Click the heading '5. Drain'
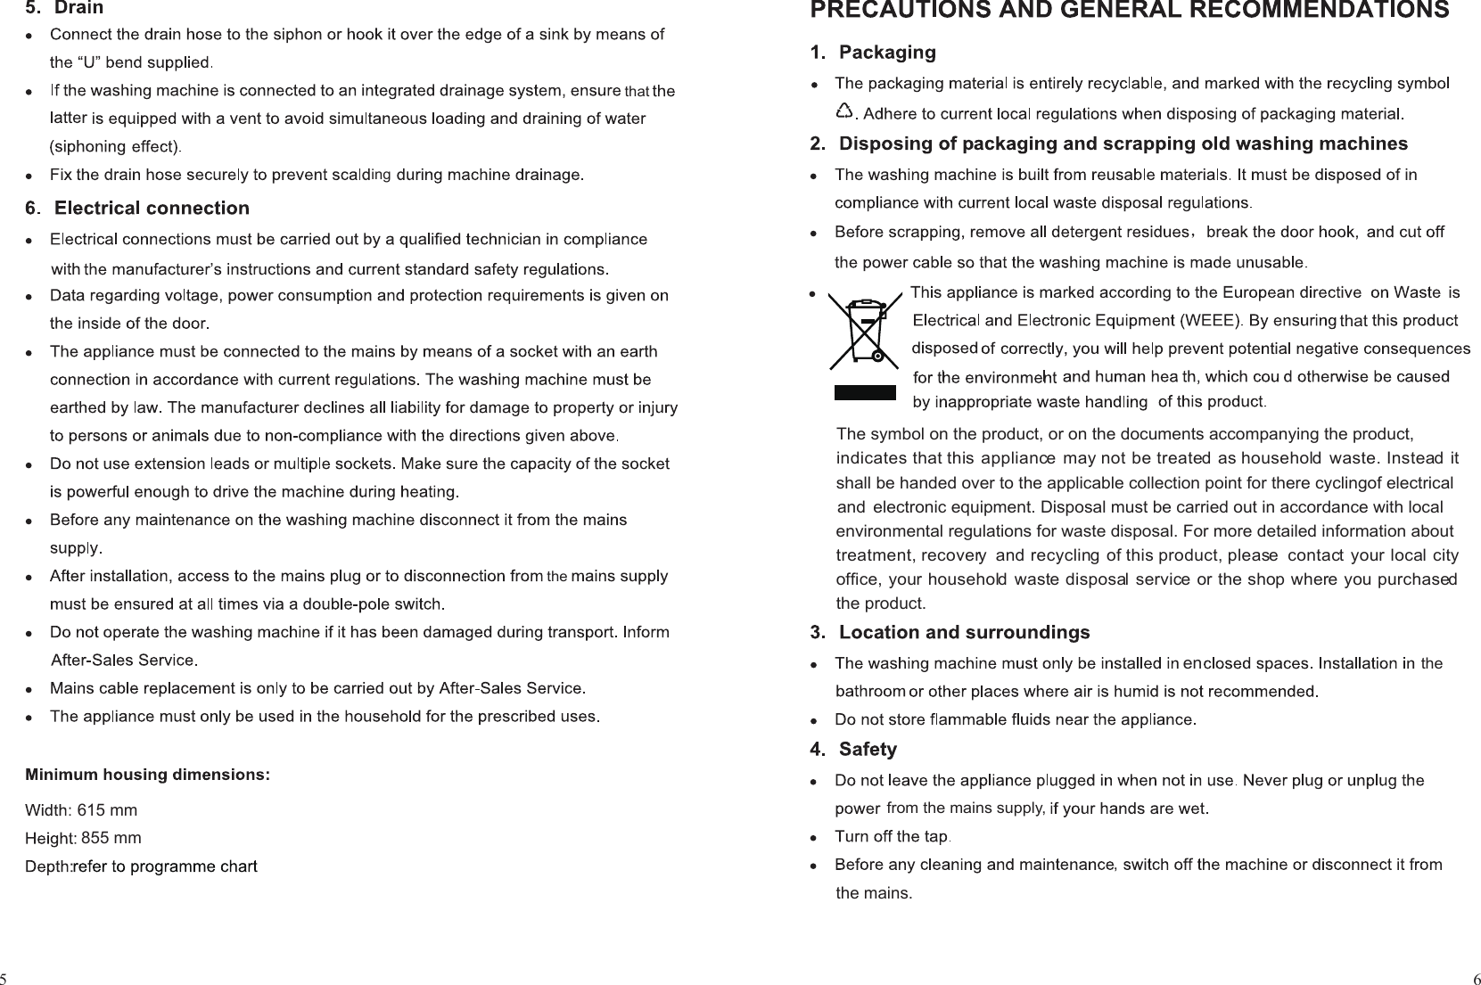[64, 8]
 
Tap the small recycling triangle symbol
[843, 111]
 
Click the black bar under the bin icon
[865, 392]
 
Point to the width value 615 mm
[107, 810]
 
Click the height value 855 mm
[111, 838]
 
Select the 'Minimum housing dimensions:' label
[148, 774]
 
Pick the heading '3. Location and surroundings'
[950, 633]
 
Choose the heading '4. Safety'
[853, 750]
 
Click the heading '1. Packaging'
[873, 53]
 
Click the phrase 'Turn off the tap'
[891, 837]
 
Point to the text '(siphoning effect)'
[115, 146]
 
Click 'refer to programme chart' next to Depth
[166, 866]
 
